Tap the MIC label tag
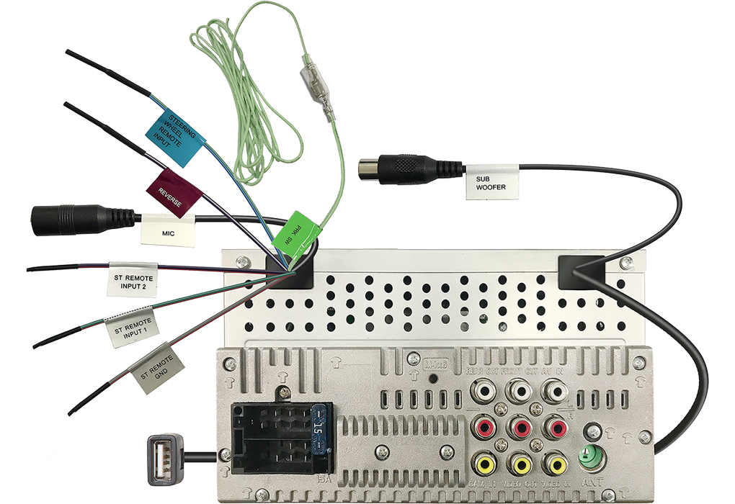pyautogui.click(x=168, y=232)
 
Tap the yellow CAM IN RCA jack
pyautogui.click(x=484, y=462)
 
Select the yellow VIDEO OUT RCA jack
pyautogui.click(x=520, y=462)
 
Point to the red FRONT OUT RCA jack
pyautogui.click(x=520, y=428)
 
